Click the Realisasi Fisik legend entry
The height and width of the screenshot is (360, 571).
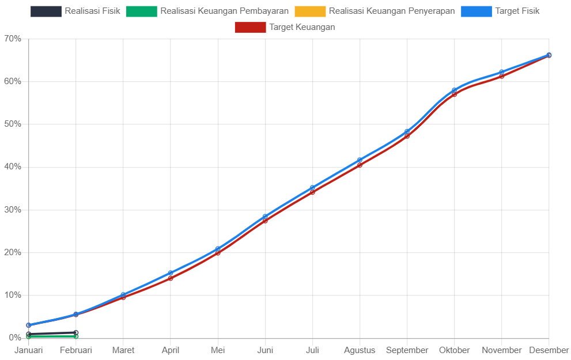(x=75, y=11)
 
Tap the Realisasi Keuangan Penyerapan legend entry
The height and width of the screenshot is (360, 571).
(x=375, y=11)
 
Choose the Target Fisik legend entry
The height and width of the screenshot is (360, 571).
(x=501, y=11)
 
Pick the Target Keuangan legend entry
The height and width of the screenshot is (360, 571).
(x=285, y=27)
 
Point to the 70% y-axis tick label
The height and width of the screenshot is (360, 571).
(x=13, y=39)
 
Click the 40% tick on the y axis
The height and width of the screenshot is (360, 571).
(x=13, y=166)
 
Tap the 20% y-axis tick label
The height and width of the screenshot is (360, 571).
(x=13, y=252)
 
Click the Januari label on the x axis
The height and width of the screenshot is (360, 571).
(x=29, y=350)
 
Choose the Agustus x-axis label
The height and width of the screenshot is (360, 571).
(x=360, y=350)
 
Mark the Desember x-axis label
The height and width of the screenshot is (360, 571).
(x=549, y=350)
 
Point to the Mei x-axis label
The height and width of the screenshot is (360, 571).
(x=218, y=350)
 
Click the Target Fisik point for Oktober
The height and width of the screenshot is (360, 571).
(x=454, y=90)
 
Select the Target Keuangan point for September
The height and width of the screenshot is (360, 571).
(x=407, y=137)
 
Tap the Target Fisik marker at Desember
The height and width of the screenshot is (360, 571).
(x=549, y=55)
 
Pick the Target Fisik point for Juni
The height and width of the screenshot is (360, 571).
(x=265, y=217)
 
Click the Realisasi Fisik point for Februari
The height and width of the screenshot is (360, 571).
(x=76, y=333)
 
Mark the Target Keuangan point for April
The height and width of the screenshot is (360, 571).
(x=171, y=278)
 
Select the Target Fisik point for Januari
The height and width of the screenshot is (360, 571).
(x=29, y=325)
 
